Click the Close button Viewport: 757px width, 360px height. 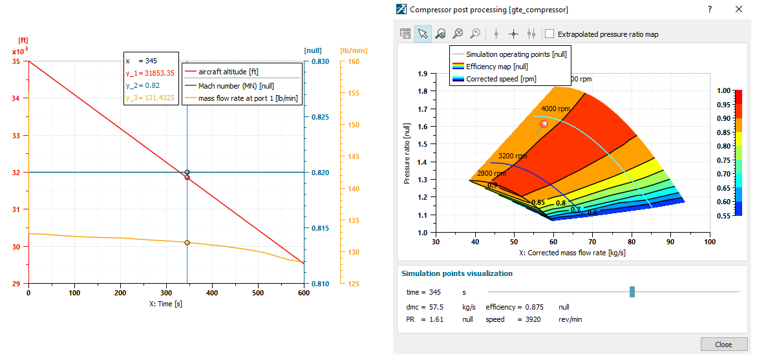tap(723, 344)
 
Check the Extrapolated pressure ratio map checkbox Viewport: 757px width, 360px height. tap(550, 34)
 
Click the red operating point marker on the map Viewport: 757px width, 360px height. tap(544, 123)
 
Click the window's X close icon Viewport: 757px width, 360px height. tap(739, 9)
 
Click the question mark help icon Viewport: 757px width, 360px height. tap(709, 9)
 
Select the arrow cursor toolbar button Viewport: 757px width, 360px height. tap(423, 34)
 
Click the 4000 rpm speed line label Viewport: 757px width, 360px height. tap(555, 109)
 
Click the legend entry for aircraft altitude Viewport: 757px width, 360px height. tap(228, 72)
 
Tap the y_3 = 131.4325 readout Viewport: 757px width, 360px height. tap(151, 98)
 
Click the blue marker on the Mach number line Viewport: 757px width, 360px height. tap(187, 173)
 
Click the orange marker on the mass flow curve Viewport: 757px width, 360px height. tap(187, 242)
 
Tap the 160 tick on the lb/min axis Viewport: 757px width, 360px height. tap(353, 61)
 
